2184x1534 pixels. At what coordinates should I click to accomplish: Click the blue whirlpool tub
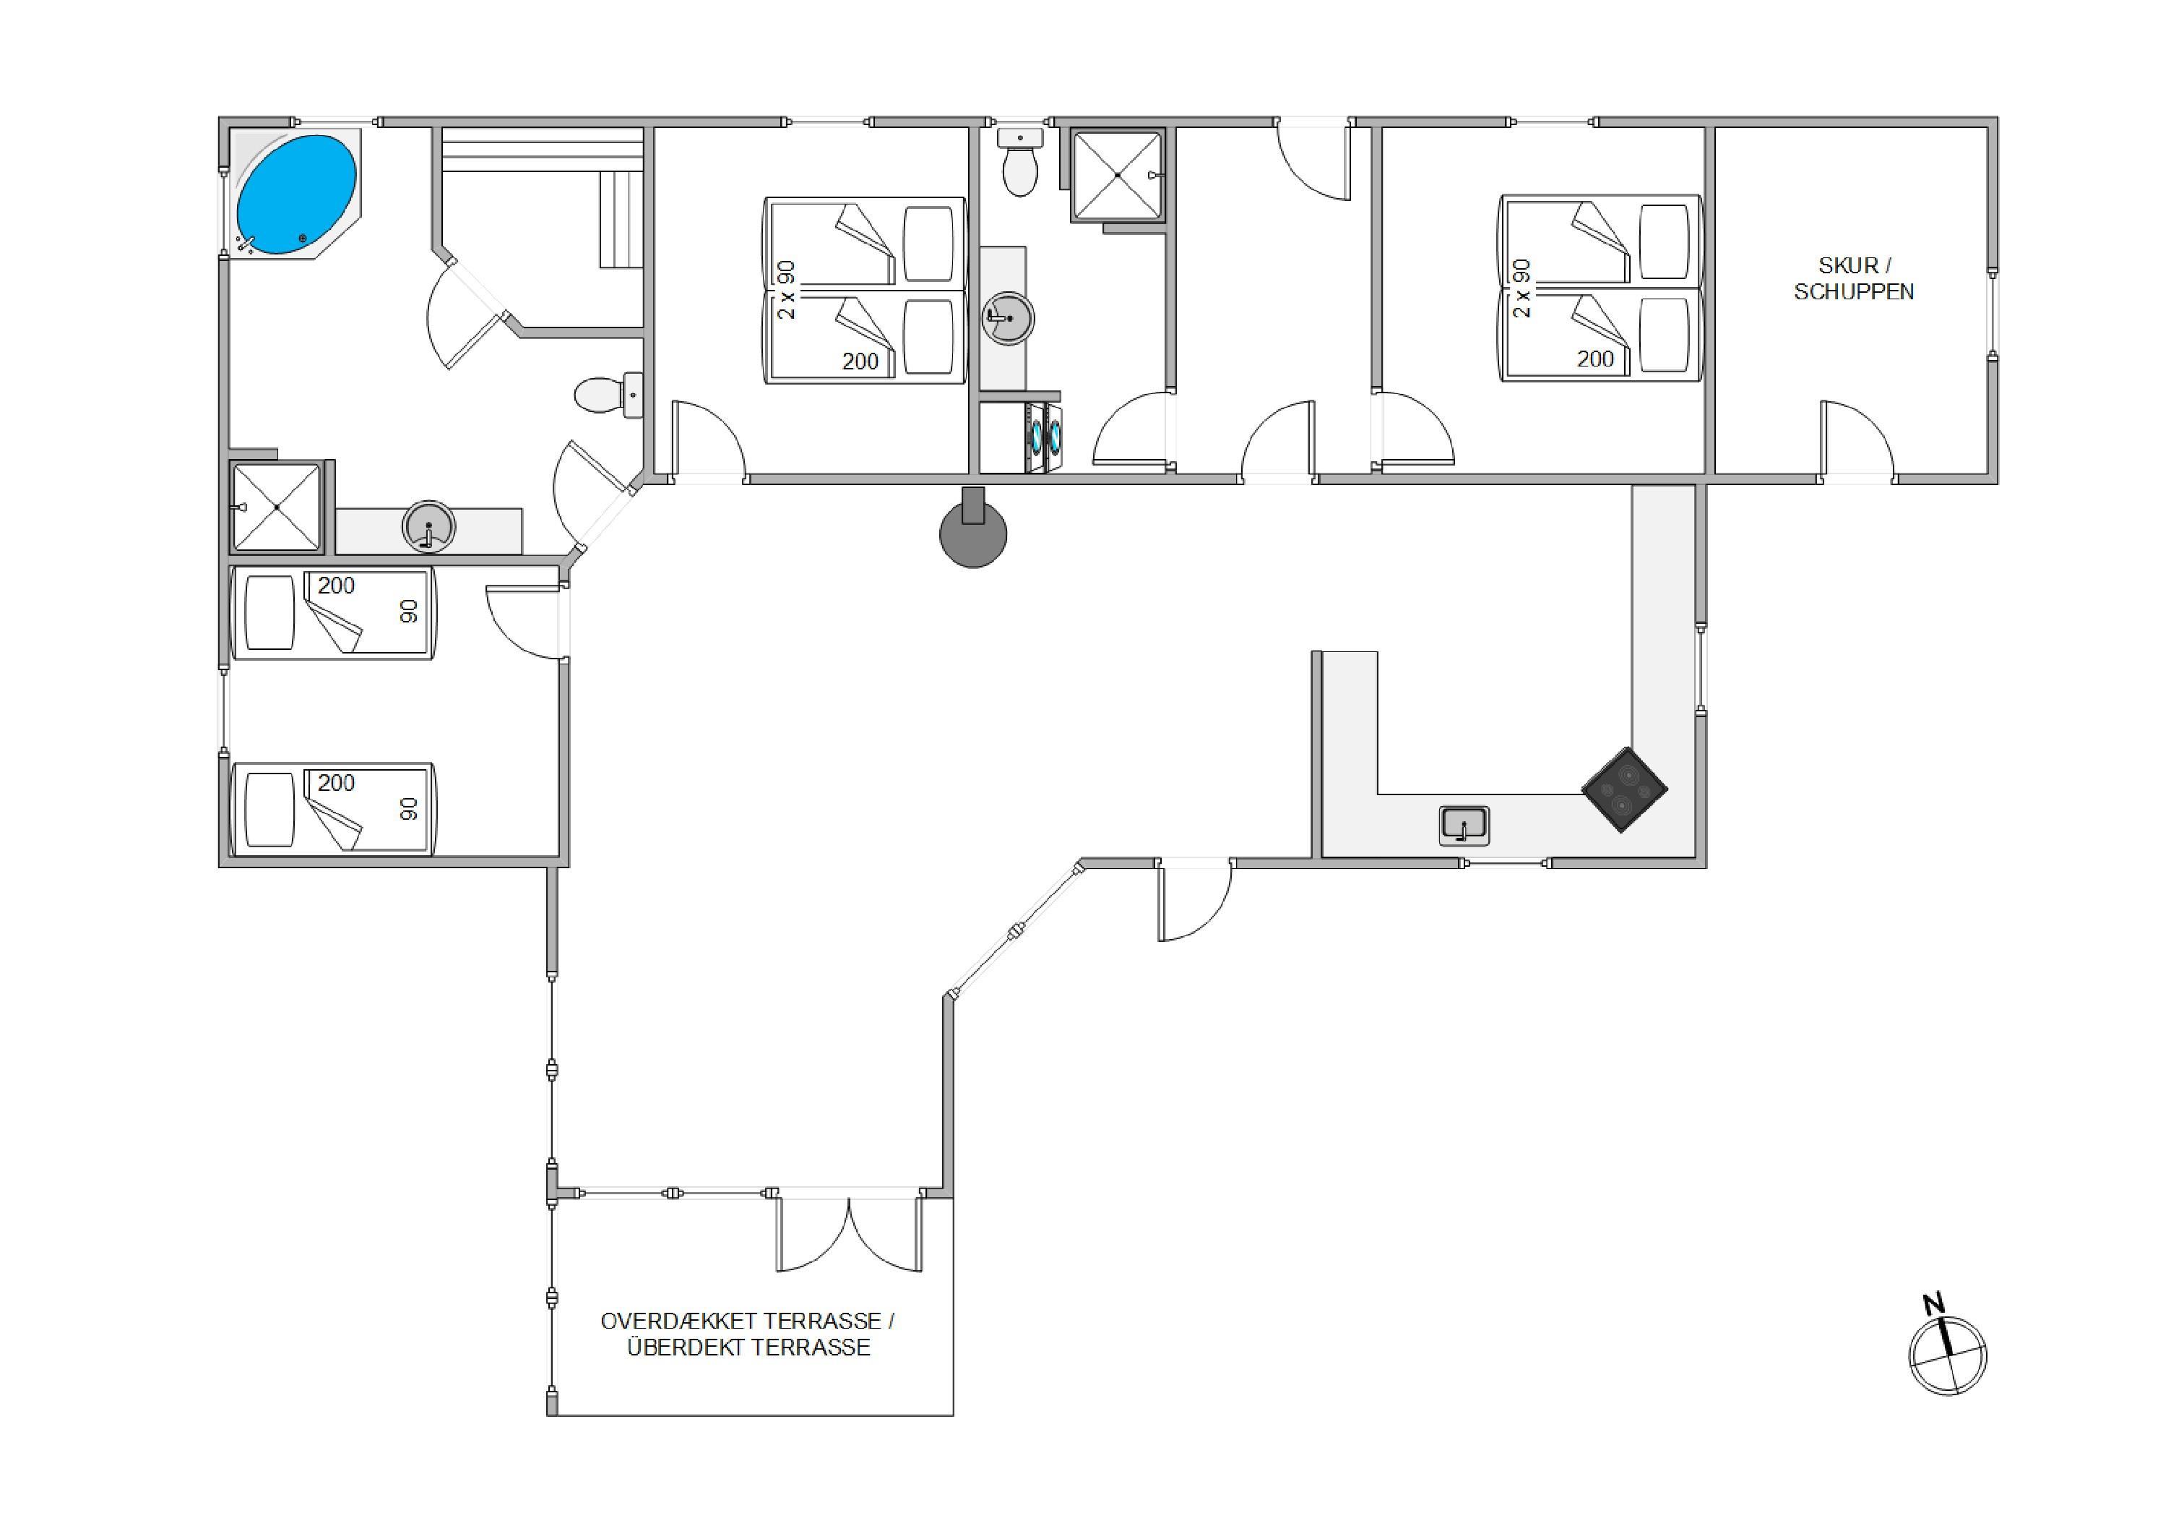click(x=295, y=194)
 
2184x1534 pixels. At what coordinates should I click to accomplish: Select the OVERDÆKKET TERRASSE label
click(x=747, y=1321)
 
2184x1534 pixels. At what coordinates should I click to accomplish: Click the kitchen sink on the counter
click(x=1463, y=825)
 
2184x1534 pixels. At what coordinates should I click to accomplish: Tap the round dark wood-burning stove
click(x=972, y=529)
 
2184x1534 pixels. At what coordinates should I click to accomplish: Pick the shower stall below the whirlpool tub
click(x=277, y=507)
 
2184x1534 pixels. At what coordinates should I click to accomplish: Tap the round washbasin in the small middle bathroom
click(x=1007, y=318)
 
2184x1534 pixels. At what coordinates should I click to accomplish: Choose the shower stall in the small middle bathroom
click(x=1118, y=175)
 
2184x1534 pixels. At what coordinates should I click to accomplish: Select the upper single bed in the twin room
click(x=333, y=613)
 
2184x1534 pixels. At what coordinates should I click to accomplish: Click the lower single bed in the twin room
click(x=333, y=809)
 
